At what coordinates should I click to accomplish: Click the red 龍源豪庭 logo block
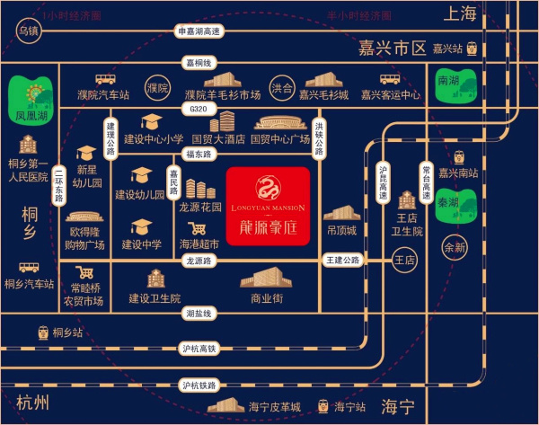(x=269, y=205)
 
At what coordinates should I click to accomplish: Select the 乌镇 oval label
(x=28, y=31)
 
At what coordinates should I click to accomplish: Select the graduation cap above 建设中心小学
(x=151, y=123)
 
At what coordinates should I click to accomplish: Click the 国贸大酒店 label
(x=217, y=140)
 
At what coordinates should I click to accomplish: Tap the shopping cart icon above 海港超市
(x=199, y=227)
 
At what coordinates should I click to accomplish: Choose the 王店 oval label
(x=406, y=261)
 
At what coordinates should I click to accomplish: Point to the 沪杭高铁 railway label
(x=199, y=349)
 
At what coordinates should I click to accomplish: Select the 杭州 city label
(x=31, y=401)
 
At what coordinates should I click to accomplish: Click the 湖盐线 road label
(x=199, y=314)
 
